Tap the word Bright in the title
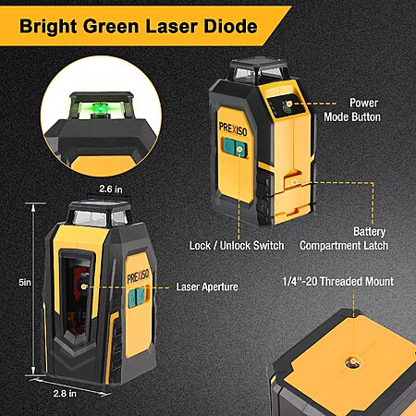[x=48, y=27]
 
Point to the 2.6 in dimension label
[x=111, y=189]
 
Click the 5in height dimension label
[x=25, y=282]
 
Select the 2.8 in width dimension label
[x=65, y=394]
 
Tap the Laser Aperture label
[x=207, y=287]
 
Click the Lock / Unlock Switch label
[x=237, y=246]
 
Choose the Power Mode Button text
[x=352, y=110]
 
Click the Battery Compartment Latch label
[x=344, y=239]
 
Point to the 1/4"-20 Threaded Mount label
[x=338, y=281]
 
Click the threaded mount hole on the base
[x=352, y=361]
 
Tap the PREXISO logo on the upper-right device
[x=233, y=128]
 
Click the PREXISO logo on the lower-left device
[x=138, y=276]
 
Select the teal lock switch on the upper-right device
[x=236, y=148]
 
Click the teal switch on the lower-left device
[x=137, y=298]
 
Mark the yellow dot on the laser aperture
[x=83, y=287]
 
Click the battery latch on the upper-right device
[x=295, y=181]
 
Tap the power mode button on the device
[x=288, y=105]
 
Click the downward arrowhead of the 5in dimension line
[x=33, y=371]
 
